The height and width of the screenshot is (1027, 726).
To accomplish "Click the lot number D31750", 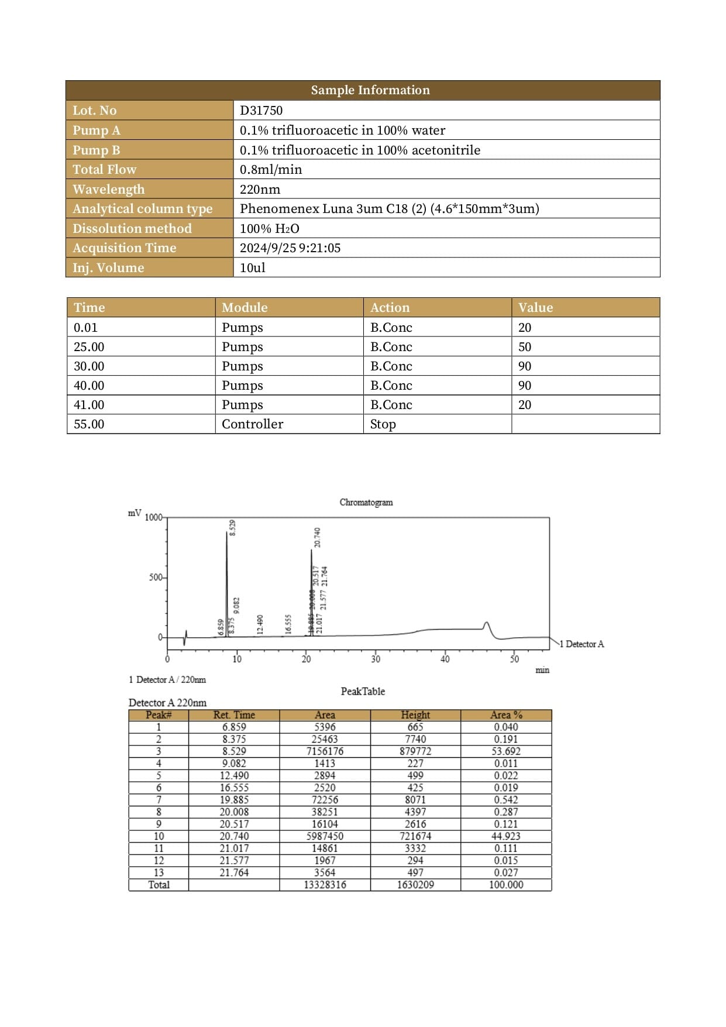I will pos(261,111).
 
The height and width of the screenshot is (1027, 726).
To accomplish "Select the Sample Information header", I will pos(370,90).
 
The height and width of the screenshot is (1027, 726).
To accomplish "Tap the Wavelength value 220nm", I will pos(260,189).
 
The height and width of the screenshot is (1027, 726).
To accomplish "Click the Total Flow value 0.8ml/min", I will pos(271,170).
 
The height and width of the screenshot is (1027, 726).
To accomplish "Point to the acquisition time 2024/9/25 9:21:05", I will pos(290,248).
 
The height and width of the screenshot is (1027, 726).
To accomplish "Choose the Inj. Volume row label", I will pos(108,267).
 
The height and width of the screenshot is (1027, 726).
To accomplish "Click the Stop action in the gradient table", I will pos(383,424).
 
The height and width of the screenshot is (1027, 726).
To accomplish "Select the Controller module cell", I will pos(252,424).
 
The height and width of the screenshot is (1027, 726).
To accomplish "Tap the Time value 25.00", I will pos(89,347).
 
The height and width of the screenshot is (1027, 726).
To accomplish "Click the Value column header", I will pos(535,308).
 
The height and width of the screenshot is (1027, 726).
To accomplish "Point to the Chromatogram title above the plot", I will pos(366,502).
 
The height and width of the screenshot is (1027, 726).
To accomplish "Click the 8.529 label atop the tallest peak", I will pos(232,527).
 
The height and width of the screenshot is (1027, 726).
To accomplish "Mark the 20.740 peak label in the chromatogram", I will pos(317,537).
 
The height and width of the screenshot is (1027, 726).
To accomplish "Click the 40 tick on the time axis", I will pos(445,659).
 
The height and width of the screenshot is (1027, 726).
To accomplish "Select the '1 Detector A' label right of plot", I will pos(582,644).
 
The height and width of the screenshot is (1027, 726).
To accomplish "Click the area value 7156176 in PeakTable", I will pos(325,751).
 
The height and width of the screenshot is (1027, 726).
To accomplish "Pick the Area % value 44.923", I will pos(506,836).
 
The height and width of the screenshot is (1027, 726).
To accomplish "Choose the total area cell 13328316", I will pos(325,885).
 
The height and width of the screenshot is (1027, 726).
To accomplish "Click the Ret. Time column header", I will pos(234,715).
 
